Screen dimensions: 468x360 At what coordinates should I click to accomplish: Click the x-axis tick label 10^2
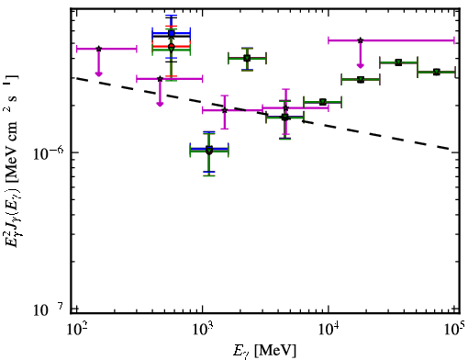77,330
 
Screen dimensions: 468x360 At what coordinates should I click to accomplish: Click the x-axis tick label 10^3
203,330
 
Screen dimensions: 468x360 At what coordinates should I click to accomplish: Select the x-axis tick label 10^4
329,330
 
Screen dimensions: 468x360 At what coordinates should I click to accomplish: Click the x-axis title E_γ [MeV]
264,351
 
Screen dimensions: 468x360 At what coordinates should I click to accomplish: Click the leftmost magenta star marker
98,49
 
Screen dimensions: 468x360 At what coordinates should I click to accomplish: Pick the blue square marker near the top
172,33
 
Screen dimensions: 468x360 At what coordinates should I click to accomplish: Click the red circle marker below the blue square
172,46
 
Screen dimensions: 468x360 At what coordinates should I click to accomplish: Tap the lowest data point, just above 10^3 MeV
209,151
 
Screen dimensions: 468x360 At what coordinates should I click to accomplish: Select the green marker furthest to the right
437,72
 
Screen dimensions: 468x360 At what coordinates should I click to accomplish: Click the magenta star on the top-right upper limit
361,40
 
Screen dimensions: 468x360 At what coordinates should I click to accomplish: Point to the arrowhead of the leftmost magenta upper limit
98,73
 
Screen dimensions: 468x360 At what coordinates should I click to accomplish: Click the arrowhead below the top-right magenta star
361,65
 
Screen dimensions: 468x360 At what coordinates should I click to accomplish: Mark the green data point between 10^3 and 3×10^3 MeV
247,58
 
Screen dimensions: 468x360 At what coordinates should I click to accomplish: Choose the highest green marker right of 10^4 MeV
398,62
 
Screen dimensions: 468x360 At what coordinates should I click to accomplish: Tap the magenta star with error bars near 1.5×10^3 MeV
225,110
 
